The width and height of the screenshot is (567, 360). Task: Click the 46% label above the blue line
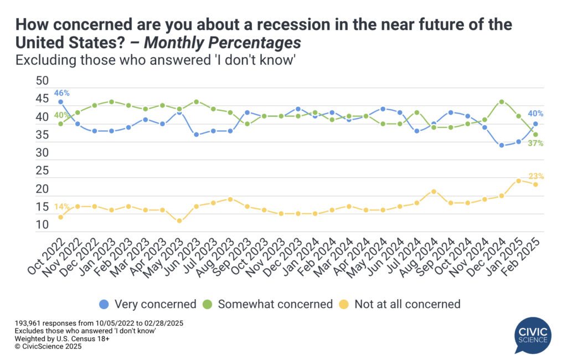[61, 93]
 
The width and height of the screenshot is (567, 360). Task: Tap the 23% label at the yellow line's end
[537, 177]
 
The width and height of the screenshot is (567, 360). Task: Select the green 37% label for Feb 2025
[535, 143]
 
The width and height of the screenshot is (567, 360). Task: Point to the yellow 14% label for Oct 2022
[61, 207]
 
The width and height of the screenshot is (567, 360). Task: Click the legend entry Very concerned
[148, 304]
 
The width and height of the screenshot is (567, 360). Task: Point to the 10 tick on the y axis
[42, 225]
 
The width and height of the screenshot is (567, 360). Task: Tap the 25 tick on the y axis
[42, 171]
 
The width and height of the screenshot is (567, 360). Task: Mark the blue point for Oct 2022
[60, 102]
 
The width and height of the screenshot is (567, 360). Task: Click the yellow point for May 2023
[179, 221]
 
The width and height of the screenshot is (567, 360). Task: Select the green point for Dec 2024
[501, 102]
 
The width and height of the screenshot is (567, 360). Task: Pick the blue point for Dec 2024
[501, 145]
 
